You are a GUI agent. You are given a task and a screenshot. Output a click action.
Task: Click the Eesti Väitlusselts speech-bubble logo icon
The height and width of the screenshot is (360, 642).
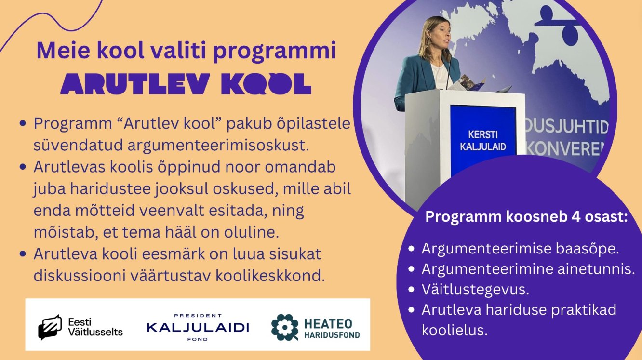[x=50, y=327]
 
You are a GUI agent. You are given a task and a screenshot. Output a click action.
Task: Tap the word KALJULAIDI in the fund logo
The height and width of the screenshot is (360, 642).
[x=198, y=327]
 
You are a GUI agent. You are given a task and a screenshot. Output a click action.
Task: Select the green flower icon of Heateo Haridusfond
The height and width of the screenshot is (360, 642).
[x=285, y=327]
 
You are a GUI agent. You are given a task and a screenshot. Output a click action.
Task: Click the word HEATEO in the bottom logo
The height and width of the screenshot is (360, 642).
[x=328, y=323]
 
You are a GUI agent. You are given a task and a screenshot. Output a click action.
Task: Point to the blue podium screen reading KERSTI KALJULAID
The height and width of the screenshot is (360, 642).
[x=483, y=140]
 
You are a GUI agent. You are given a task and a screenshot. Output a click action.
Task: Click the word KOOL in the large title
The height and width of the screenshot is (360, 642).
[x=266, y=84]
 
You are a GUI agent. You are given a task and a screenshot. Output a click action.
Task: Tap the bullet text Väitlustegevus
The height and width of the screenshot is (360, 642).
[x=475, y=290]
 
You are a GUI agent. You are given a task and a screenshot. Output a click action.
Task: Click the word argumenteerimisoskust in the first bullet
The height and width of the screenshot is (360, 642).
[x=218, y=146]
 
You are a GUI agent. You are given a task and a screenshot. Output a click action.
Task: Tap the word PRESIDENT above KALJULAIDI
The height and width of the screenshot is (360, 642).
[x=198, y=316]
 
